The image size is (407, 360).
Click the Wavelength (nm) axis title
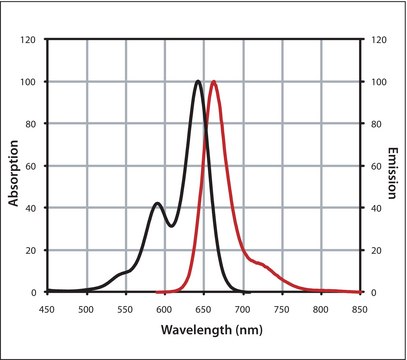pos(203,331)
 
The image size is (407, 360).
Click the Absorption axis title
pos(14,167)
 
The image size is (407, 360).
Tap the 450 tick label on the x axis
pos(47,309)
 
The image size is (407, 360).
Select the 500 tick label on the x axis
pos(86,309)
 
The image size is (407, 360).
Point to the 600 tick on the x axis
pos(164,309)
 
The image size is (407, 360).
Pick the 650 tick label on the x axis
pos(203,309)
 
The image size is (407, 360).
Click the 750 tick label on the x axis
pos(281,309)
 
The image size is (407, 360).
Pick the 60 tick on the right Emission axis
pos(373,166)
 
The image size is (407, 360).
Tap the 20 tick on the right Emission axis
pos(373,250)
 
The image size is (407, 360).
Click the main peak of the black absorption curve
pos(198,82)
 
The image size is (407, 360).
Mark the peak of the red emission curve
pos(213,82)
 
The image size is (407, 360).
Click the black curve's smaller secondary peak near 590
pos(157,204)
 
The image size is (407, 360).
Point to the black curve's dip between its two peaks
pos(170,226)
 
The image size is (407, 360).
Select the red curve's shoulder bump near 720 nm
pos(260,263)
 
